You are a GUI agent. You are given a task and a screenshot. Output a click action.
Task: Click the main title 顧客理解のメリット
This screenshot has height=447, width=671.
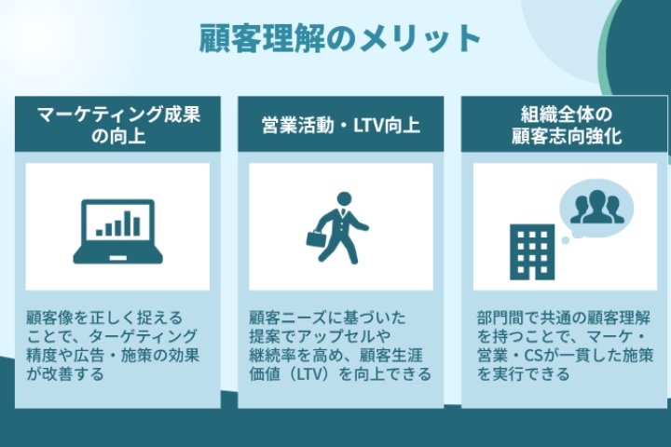pyautogui.click(x=340, y=38)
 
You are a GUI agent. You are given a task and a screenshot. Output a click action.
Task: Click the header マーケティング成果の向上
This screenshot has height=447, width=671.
pyautogui.click(x=117, y=125)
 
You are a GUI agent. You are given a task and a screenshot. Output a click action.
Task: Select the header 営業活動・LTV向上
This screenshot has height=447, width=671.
pyautogui.click(x=341, y=125)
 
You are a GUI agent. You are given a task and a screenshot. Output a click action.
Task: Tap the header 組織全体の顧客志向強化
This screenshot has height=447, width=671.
pyautogui.click(x=566, y=125)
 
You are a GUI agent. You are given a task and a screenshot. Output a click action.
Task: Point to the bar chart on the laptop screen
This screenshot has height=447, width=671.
pyautogui.click(x=118, y=224)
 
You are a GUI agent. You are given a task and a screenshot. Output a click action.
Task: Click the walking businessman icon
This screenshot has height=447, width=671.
pyautogui.click(x=339, y=228)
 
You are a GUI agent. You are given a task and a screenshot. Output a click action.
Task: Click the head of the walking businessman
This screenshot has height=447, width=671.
pyautogui.click(x=344, y=199)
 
